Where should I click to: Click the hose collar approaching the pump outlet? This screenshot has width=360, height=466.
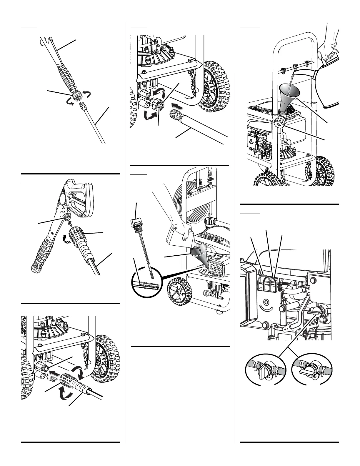pos(67,380)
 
